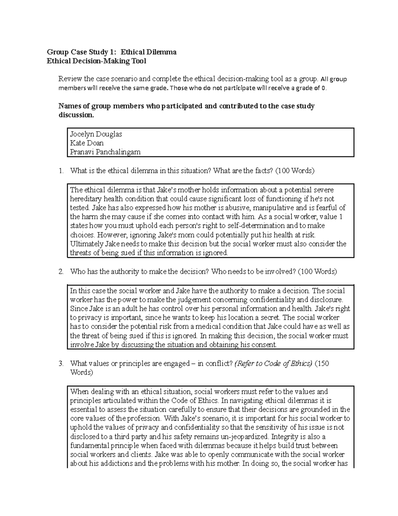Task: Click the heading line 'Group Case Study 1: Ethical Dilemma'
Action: [x=111, y=52]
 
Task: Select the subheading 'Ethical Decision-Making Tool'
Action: [x=96, y=61]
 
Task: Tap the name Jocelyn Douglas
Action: [x=96, y=134]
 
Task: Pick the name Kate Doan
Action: [x=87, y=143]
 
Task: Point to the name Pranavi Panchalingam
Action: [x=105, y=152]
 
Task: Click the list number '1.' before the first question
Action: [x=61, y=171]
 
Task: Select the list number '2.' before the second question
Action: [x=61, y=272]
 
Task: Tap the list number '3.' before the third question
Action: [x=61, y=364]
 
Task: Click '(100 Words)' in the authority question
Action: [x=317, y=272]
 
